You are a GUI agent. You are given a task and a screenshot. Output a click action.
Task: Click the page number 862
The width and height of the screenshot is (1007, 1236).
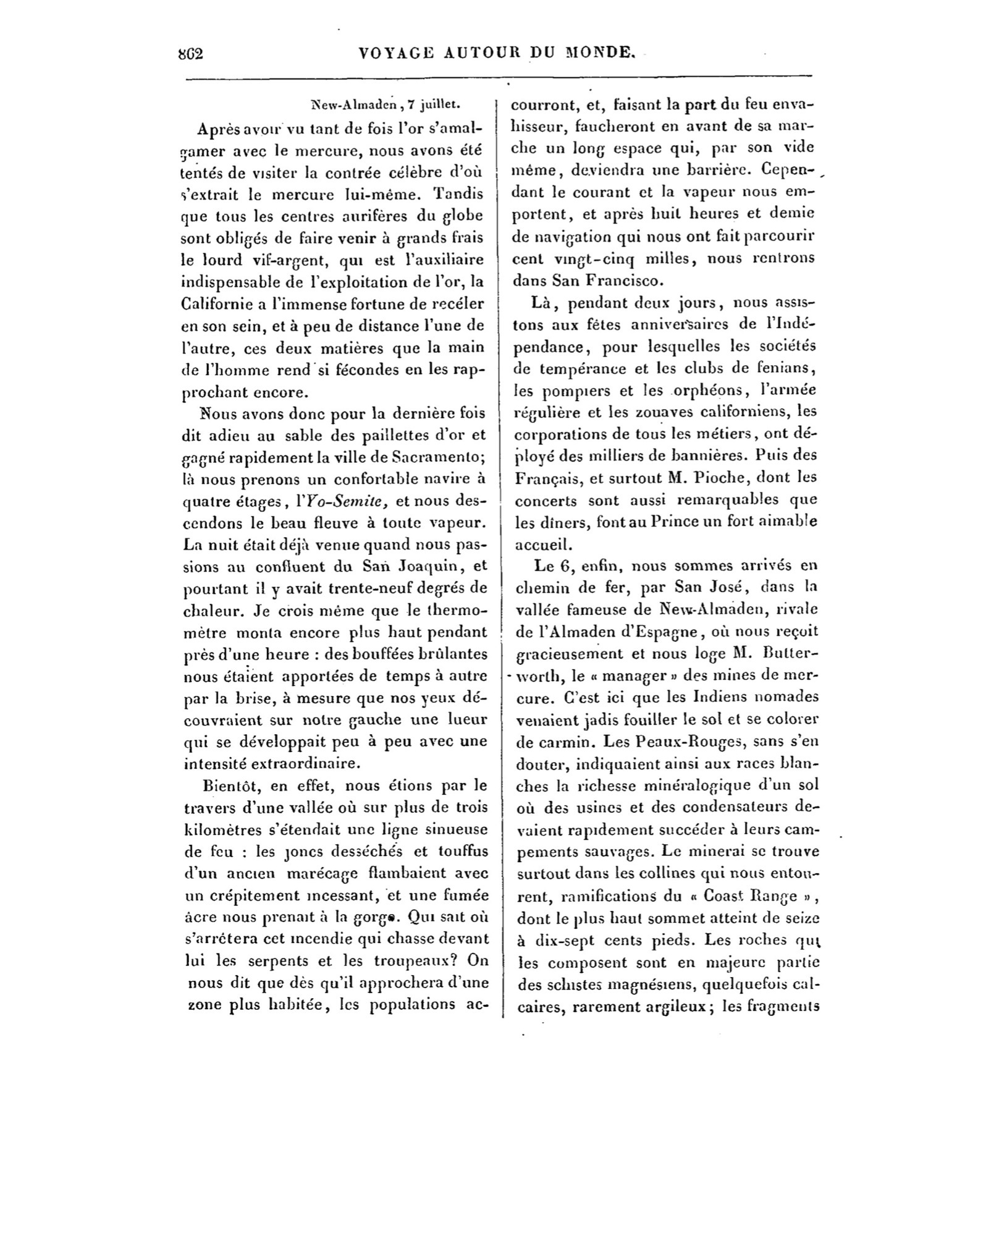click(x=191, y=53)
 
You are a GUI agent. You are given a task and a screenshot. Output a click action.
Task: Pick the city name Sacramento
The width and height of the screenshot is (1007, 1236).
click(x=437, y=457)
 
